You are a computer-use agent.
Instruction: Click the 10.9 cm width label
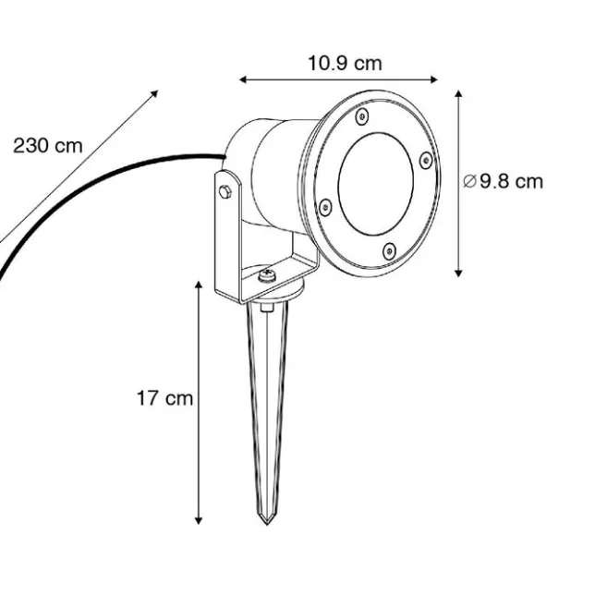click(x=345, y=64)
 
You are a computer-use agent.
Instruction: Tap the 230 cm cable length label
click(x=48, y=146)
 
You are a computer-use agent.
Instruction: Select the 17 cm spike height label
click(x=164, y=398)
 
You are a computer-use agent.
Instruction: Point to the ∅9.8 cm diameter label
click(x=504, y=181)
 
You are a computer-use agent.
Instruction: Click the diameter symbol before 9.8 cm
click(x=469, y=181)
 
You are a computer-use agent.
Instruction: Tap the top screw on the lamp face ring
click(x=362, y=116)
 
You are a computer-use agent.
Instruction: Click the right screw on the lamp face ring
click(x=425, y=160)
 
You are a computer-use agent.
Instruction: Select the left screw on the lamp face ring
click(x=325, y=207)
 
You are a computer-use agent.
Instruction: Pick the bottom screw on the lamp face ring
click(x=389, y=251)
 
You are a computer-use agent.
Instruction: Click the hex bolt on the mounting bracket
click(x=225, y=192)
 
